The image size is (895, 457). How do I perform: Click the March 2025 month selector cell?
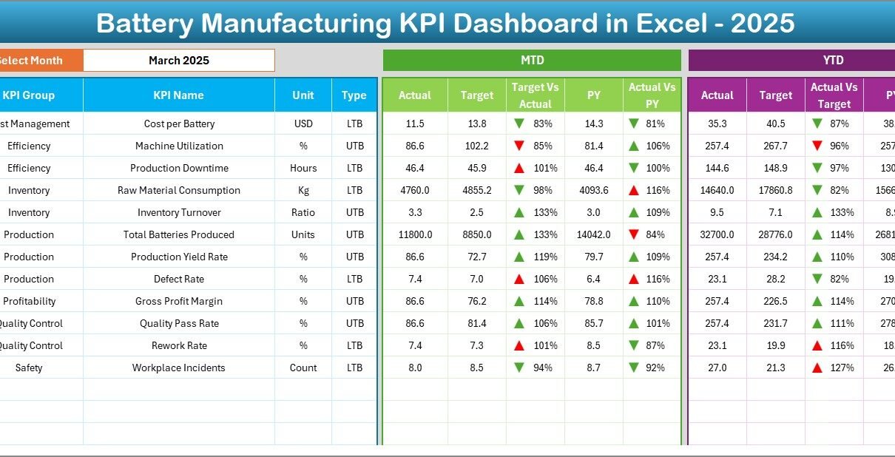(x=178, y=61)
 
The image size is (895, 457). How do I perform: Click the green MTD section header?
(x=532, y=61)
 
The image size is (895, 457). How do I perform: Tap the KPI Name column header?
(x=178, y=95)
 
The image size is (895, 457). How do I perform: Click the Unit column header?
(x=303, y=95)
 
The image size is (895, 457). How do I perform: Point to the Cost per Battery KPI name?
(x=178, y=123)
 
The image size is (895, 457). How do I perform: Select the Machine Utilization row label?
(x=178, y=146)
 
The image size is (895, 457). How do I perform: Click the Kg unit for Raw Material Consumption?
(x=303, y=190)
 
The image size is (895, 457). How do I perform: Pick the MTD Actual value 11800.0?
(x=415, y=234)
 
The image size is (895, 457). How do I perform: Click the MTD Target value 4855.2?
(x=477, y=190)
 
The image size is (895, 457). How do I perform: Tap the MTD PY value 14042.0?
(x=593, y=234)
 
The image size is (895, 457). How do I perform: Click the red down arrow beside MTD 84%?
(x=634, y=234)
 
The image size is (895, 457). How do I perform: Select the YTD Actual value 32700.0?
(x=717, y=234)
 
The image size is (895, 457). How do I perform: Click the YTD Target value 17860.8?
(x=776, y=190)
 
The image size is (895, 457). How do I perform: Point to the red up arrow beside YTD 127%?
(x=817, y=368)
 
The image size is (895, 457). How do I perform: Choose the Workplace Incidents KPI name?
(x=178, y=368)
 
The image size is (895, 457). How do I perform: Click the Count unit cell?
(x=303, y=368)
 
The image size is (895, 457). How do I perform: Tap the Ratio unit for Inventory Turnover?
(x=303, y=212)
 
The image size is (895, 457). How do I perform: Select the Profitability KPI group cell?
(x=29, y=301)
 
